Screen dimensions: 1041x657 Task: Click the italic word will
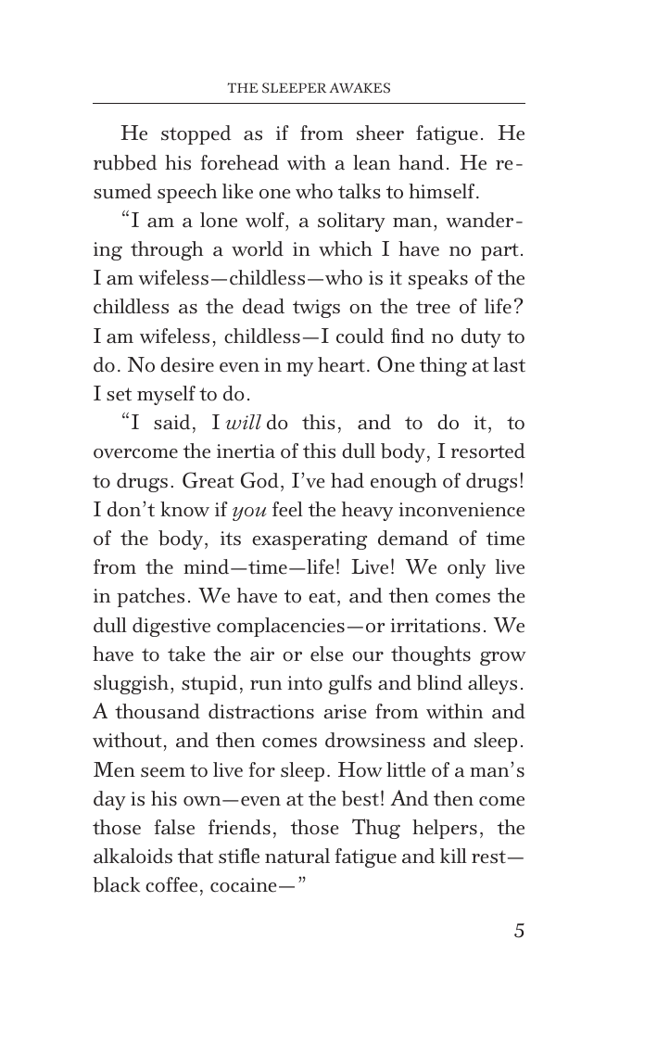245,424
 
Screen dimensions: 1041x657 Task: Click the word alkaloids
130,857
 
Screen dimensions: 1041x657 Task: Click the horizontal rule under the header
309,103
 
